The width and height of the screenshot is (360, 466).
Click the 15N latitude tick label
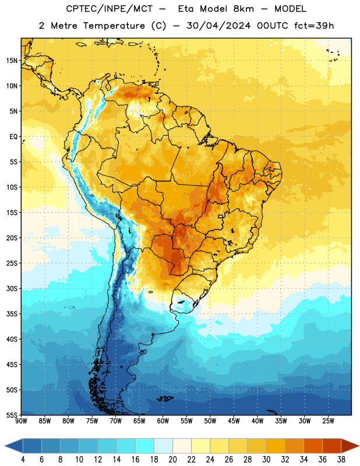pos(11,61)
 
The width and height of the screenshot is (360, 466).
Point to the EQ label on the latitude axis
pos(13,137)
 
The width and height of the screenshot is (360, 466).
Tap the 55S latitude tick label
pos(11,415)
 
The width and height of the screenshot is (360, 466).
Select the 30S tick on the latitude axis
pos(11,288)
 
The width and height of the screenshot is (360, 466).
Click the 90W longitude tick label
pos(21,421)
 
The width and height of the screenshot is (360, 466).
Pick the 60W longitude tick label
pos(163,421)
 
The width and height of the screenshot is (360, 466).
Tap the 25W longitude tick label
pos(328,421)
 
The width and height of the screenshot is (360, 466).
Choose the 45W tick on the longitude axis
pos(234,421)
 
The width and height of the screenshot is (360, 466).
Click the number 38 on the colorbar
pos(341,460)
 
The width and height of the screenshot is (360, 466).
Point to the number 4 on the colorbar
pos(23,460)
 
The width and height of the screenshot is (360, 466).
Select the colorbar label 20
pos(172,460)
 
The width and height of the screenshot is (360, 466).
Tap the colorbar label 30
pos(266,460)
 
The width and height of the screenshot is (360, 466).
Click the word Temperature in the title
pos(114,26)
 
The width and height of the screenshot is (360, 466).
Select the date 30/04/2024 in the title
pos(219,26)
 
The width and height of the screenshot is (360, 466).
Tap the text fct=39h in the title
pos(314,26)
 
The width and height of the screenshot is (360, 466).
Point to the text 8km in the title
pos(243,9)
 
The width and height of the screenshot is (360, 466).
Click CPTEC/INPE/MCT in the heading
pos(110,9)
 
